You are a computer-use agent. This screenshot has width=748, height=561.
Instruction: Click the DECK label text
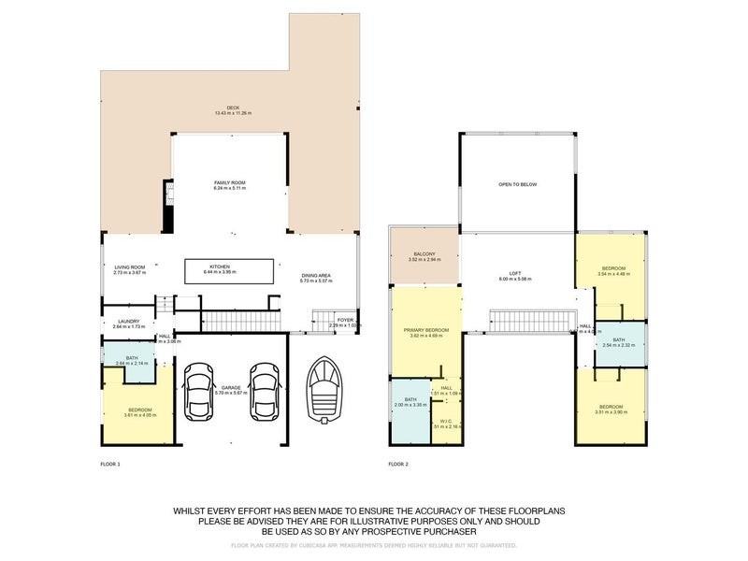(221, 108)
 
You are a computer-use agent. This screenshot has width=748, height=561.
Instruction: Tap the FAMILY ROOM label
(229, 182)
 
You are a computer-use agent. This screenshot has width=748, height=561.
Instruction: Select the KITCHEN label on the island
(220, 266)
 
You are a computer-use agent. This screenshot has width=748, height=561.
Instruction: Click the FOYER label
(346, 320)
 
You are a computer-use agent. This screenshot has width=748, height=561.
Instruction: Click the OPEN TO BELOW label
(517, 184)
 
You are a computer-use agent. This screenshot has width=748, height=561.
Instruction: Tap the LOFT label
(514, 273)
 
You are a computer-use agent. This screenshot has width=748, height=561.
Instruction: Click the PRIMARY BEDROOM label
(426, 329)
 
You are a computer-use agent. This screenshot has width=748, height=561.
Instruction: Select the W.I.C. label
(446, 421)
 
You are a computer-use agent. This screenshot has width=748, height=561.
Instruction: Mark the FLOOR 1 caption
(110, 464)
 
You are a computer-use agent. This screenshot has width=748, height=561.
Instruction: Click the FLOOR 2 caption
(398, 464)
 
